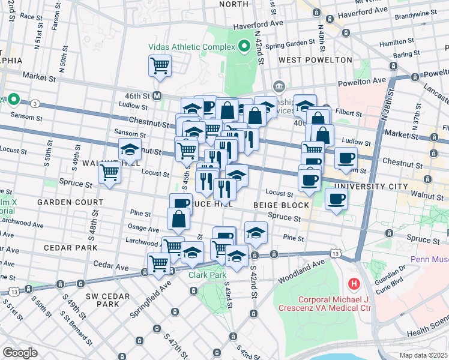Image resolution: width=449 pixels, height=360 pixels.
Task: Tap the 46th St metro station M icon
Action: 158,95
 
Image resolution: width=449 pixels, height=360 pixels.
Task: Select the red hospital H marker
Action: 354,283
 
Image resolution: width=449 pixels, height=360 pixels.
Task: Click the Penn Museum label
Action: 429,260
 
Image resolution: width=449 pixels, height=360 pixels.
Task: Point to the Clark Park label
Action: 206,275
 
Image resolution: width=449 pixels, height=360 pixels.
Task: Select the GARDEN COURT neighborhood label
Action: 62,202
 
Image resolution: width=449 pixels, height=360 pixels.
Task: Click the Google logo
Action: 20,352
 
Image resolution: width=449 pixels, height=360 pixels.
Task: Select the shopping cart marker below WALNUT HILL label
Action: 110,173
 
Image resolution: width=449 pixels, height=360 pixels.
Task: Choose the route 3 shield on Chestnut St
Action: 35,104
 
